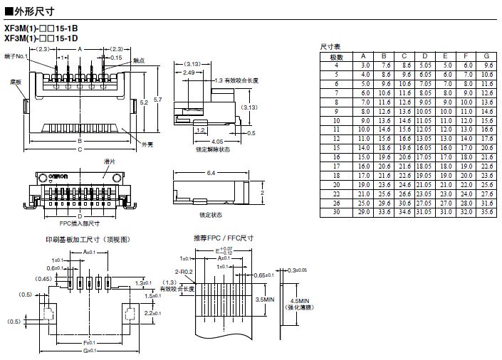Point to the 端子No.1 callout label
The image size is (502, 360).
point(16,55)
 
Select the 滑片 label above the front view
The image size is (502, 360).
point(88,162)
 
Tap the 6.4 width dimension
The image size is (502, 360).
point(211,172)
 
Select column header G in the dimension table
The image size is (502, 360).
point(486,56)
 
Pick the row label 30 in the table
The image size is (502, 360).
point(338,211)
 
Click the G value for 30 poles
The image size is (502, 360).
point(486,211)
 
